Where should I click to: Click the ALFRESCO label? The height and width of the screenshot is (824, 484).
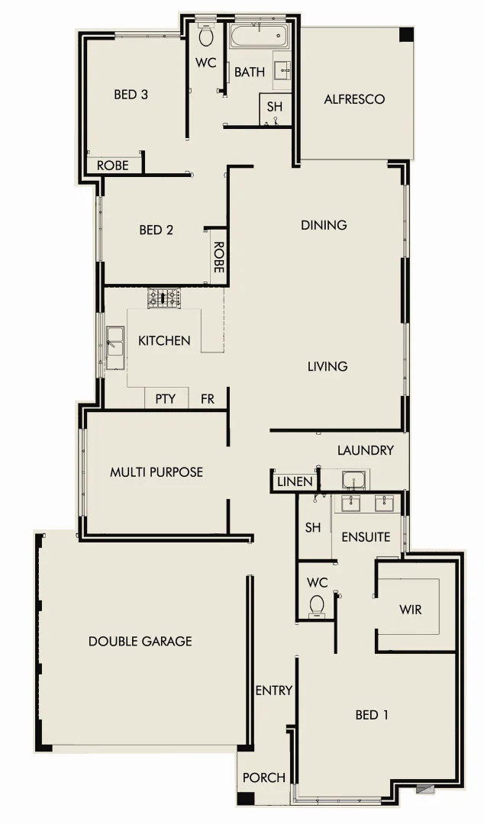point(353,99)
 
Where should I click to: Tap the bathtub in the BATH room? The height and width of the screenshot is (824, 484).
point(259,35)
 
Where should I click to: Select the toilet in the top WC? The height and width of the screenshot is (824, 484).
point(205,37)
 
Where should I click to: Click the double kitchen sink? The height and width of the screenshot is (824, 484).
point(116,342)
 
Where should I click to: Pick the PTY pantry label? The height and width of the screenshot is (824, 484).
point(166,398)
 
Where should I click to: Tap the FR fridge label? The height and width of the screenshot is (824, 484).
point(208,398)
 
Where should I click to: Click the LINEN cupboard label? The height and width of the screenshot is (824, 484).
point(295,481)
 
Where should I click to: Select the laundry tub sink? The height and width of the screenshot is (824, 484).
point(353,481)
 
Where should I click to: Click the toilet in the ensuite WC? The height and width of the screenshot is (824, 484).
point(317,607)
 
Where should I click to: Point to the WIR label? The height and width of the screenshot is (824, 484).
point(410,610)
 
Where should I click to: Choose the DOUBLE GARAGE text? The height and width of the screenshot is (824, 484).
point(140,641)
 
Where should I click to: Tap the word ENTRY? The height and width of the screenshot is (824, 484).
point(273,690)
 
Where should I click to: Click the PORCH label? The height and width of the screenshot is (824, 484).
point(264,777)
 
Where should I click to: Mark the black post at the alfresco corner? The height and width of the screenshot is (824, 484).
point(406,34)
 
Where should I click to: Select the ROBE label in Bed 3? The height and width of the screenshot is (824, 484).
point(112,165)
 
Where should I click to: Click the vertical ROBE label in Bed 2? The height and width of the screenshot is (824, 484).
point(218,257)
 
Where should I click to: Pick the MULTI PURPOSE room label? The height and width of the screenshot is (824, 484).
point(156,472)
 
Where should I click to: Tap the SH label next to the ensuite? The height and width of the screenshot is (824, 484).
point(313,527)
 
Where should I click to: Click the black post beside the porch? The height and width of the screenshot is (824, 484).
point(245,800)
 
